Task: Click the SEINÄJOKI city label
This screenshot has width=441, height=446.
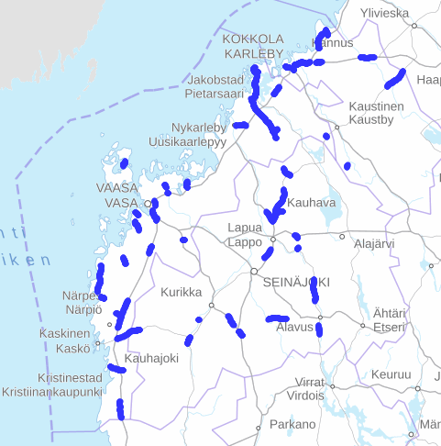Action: [x=295, y=282]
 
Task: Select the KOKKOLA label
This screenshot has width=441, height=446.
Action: [x=253, y=39]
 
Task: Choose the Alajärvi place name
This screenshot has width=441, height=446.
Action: [x=374, y=244]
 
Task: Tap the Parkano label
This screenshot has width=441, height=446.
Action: [x=292, y=424]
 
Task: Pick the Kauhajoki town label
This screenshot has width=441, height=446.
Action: [x=151, y=358]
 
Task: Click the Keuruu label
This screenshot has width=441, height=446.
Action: [x=391, y=374]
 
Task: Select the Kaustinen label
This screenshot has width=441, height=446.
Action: [x=377, y=106]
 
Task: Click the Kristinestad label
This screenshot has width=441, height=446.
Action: [x=70, y=378]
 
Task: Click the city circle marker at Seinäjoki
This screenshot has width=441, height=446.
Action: [x=254, y=272]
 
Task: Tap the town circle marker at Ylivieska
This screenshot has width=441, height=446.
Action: [x=414, y=26]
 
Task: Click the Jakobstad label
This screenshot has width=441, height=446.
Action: [x=215, y=80]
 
